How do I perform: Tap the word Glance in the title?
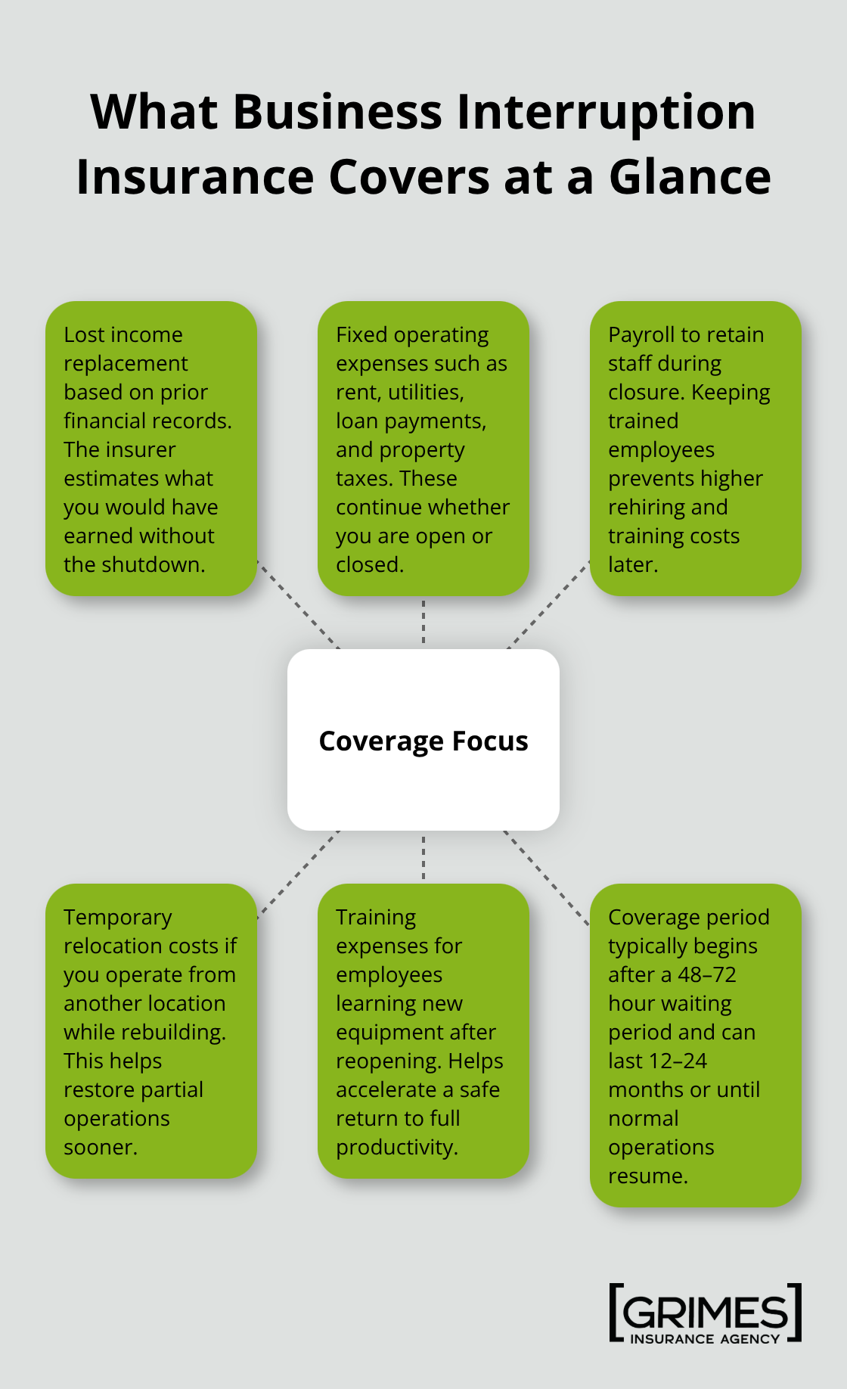tap(690, 178)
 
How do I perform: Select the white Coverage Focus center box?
tap(423, 740)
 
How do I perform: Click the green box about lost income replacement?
tap(151, 449)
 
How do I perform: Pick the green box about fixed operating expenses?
tap(423, 449)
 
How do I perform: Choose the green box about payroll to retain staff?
tap(695, 449)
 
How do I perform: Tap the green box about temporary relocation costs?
tap(151, 1030)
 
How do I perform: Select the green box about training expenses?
tap(423, 1030)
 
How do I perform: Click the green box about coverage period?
tap(695, 1045)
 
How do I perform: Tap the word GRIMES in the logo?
tap(705, 1313)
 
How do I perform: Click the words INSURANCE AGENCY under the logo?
tap(705, 1339)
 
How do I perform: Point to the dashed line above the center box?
tap(423, 622)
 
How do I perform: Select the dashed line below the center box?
tap(423, 857)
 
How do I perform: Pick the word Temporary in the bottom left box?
tap(118, 917)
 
